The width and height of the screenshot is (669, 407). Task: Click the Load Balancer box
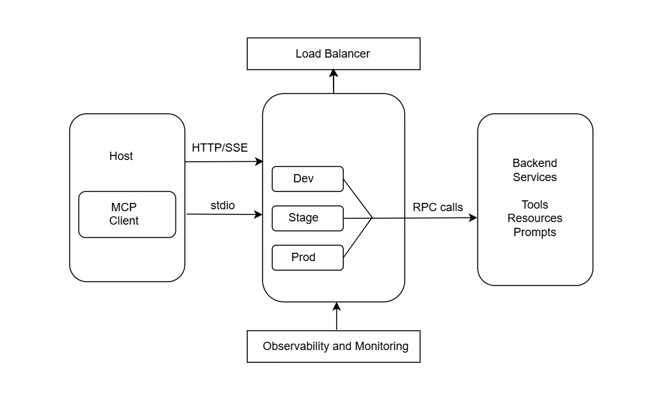coord(334,54)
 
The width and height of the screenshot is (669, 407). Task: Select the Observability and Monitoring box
coord(334,346)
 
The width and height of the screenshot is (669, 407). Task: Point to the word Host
coord(121,156)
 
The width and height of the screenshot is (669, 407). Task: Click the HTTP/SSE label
coord(220,148)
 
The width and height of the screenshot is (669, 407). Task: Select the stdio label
coord(223,205)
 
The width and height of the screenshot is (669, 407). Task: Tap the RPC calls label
coord(438,207)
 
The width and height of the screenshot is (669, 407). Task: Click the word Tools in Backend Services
coord(535,205)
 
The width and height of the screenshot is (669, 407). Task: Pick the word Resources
coord(535,218)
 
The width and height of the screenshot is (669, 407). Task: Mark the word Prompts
coord(535,232)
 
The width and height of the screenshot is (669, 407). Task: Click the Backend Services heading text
coord(535,170)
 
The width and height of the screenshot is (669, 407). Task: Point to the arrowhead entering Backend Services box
coord(473,218)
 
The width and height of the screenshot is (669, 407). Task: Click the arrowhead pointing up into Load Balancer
coord(334,74)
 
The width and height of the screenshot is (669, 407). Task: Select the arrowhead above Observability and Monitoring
coord(336,307)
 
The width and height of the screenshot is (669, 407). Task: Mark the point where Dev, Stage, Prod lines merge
coord(373,218)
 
